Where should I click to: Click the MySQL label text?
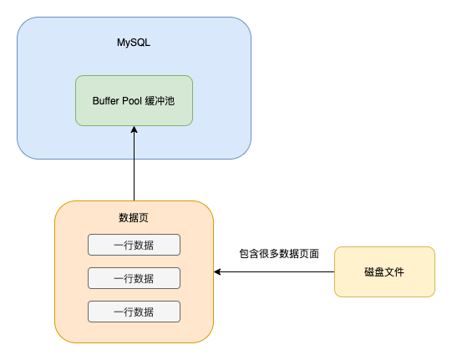tap(134, 43)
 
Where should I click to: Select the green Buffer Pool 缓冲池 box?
tap(134, 100)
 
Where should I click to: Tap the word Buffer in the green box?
tap(106, 101)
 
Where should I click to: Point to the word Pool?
tap(132, 101)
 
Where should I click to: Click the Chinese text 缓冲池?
tap(160, 101)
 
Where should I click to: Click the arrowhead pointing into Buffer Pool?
tap(134, 129)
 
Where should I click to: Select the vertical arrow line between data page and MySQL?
tap(134, 164)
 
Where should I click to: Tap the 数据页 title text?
tap(134, 218)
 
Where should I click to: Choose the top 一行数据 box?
tap(134, 245)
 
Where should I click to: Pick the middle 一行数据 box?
tap(134, 278)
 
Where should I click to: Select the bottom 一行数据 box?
tap(134, 312)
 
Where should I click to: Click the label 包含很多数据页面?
tap(279, 254)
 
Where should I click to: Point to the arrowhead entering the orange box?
tap(217, 271)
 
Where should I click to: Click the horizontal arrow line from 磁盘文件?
tap(274, 271)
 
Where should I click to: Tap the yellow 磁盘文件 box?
tap(384, 271)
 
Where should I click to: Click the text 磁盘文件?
tap(384, 272)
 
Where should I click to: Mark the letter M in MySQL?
tap(121, 43)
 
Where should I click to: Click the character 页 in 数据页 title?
tap(144, 218)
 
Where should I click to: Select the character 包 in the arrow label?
tap(244, 254)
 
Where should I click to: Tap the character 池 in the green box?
tap(170, 101)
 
